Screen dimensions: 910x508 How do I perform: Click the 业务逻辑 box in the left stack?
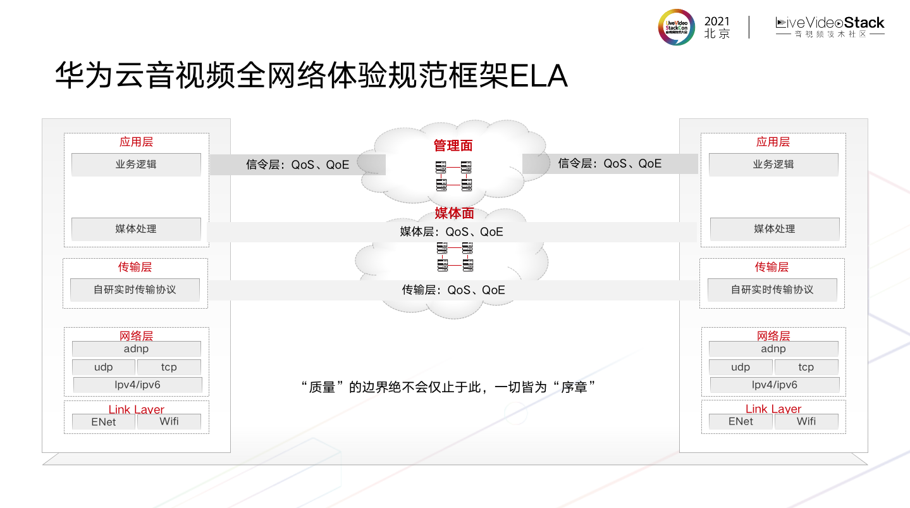click(136, 164)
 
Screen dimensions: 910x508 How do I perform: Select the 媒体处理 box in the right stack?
click(775, 229)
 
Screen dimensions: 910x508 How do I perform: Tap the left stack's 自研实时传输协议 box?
click(135, 290)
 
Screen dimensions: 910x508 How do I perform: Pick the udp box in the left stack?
click(103, 367)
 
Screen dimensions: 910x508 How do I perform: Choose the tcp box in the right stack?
click(806, 367)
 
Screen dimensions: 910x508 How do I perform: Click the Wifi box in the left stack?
click(169, 421)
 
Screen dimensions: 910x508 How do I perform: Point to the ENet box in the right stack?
click(741, 421)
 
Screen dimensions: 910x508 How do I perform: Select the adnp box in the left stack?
click(136, 349)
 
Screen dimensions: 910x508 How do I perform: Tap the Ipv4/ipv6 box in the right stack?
click(775, 385)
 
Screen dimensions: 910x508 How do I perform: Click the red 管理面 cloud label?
click(453, 146)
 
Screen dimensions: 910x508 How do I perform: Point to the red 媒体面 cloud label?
click(454, 214)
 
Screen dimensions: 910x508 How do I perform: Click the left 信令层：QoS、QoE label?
click(297, 165)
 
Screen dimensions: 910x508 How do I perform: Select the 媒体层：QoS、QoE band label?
click(452, 232)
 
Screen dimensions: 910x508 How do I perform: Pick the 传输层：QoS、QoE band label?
click(453, 290)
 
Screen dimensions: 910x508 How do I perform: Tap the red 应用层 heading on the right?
click(773, 142)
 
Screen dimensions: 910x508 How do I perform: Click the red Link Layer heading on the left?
click(136, 409)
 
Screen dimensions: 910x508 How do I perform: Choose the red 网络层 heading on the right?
click(773, 336)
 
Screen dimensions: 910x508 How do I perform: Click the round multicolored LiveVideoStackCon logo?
click(676, 27)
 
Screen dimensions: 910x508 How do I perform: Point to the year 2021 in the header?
click(716, 22)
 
